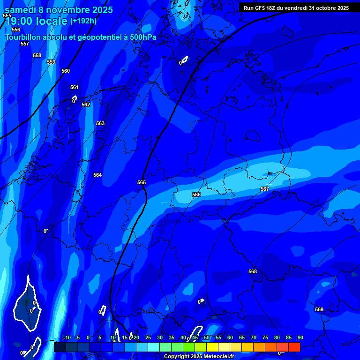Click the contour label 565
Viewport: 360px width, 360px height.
pyautogui.click(x=142, y=182)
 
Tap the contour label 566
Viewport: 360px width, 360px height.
pyautogui.click(x=196, y=195)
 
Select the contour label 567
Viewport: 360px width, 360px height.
pyautogui.click(x=265, y=189)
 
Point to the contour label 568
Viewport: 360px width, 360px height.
pyautogui.click(x=253, y=271)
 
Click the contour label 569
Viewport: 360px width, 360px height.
pyautogui.click(x=319, y=309)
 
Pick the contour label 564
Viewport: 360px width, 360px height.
pyautogui.click(x=97, y=175)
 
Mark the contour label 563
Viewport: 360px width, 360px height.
pyautogui.click(x=100, y=123)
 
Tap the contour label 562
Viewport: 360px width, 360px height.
pyautogui.click(x=86, y=105)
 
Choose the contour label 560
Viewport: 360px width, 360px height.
pyautogui.click(x=66, y=71)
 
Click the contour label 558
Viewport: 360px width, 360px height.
pyautogui.click(x=37, y=55)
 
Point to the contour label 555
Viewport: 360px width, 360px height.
pyautogui.click(x=7, y=15)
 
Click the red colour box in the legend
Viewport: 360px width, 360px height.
pyautogui.click(x=294, y=347)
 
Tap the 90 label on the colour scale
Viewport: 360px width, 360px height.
pyautogui.click(x=300, y=338)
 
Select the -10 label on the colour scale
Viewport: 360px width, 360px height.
pyautogui.click(x=67, y=338)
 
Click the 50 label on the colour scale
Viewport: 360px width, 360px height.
pyautogui.click(x=207, y=338)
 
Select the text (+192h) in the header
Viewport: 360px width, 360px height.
pyautogui.click(x=83, y=21)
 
